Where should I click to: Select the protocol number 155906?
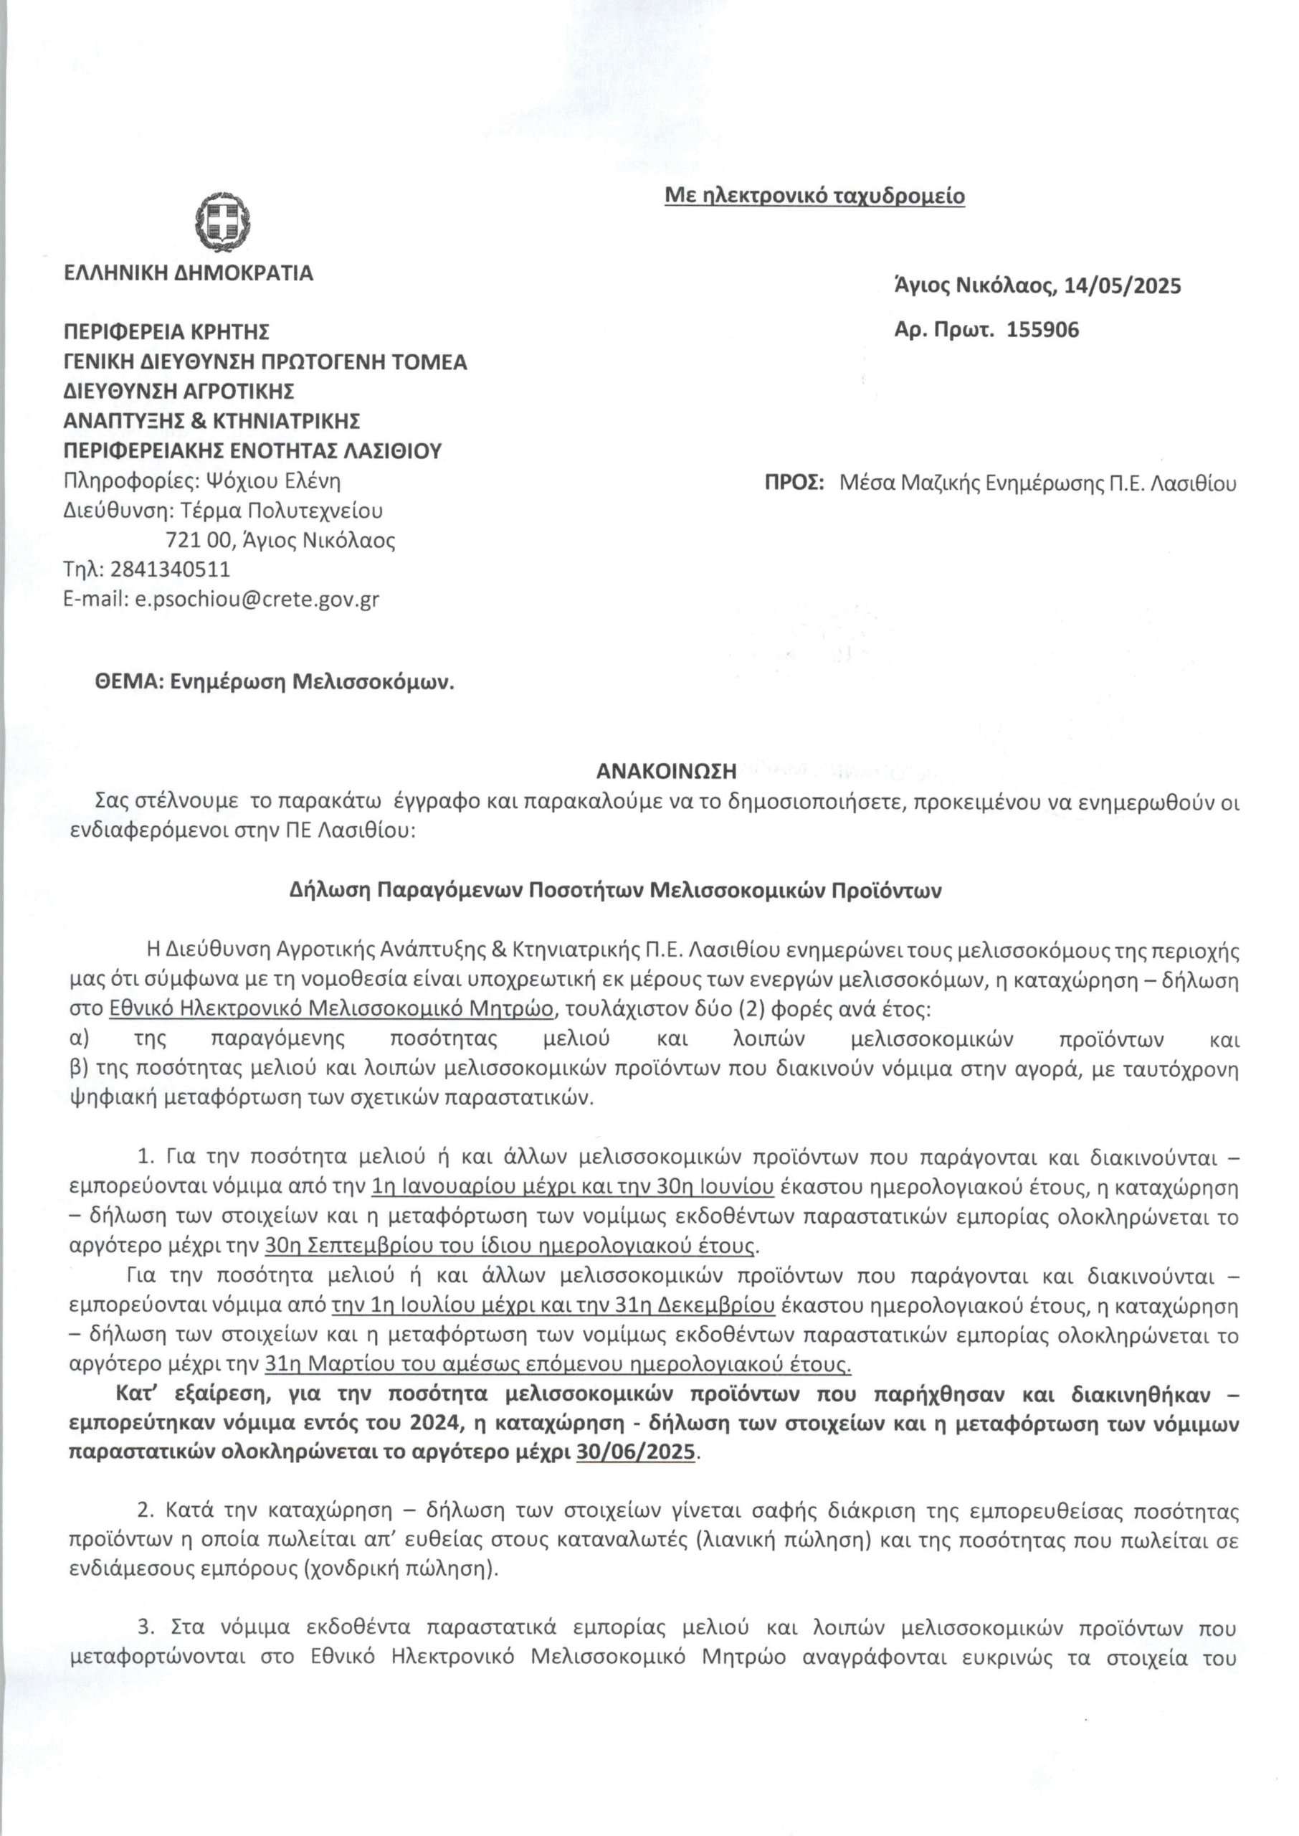coord(1042,330)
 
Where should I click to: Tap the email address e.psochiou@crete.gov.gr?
coord(254,599)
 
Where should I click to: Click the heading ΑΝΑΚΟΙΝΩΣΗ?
coord(665,771)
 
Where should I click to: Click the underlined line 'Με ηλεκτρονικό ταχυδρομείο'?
coord(814,196)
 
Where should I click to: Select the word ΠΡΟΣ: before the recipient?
coord(794,483)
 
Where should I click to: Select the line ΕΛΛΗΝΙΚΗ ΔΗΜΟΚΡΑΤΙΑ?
coord(188,273)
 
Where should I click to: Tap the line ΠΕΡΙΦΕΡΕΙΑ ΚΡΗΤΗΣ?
coord(166,331)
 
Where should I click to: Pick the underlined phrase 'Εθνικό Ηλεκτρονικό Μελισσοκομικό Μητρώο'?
coord(330,1010)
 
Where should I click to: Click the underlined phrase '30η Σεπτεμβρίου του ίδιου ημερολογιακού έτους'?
coord(510,1246)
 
